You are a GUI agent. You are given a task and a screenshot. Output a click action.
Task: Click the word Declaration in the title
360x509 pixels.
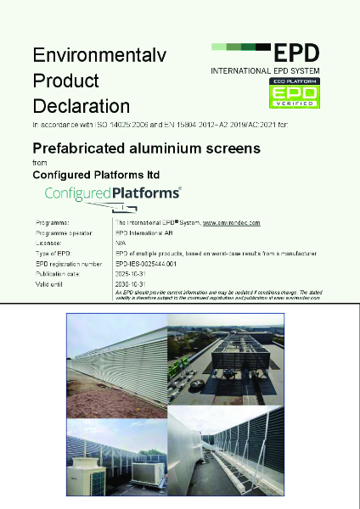pos(82,106)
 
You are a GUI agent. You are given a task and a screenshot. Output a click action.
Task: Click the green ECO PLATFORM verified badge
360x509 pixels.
pos(293,94)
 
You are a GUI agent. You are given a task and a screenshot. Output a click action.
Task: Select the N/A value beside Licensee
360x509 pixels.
pos(120,242)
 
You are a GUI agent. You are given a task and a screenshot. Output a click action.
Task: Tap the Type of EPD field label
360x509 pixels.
pos(53,253)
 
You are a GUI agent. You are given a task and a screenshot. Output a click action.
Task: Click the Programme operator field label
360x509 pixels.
pos(62,232)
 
